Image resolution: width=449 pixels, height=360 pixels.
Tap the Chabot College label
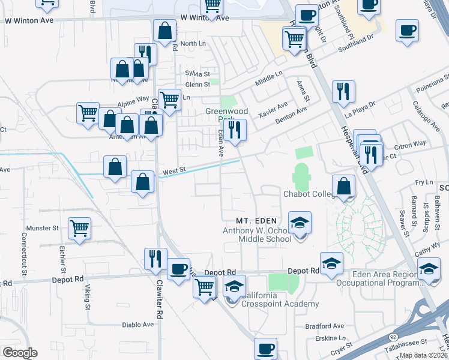[308, 193]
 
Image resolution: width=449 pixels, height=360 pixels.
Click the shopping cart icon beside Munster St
[79, 229]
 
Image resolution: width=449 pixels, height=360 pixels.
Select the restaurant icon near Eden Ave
[236, 130]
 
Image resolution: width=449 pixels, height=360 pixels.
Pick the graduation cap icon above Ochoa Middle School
[300, 222]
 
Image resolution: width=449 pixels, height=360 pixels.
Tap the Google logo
[20, 353]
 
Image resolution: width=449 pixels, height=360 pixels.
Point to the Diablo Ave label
[139, 325]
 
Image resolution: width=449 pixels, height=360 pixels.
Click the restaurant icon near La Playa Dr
[343, 91]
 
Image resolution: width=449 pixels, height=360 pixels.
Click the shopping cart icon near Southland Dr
[294, 39]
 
